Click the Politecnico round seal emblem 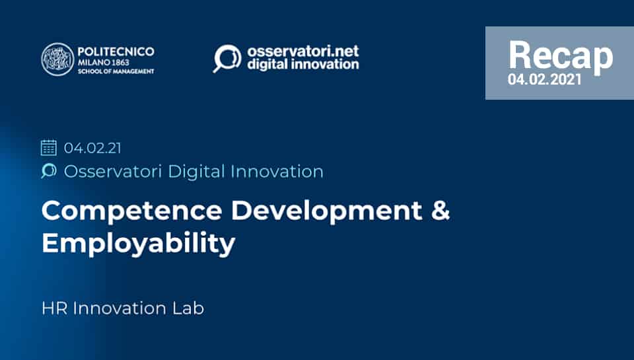58,59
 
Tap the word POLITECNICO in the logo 116,52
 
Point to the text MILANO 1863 104,62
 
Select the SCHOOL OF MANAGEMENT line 116,71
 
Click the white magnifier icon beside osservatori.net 227,58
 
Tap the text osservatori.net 303,51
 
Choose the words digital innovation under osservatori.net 303,64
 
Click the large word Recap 561,55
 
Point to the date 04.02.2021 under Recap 545,79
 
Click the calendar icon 49,147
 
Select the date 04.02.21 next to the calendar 92,148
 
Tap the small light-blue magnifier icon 48,170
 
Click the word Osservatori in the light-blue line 113,172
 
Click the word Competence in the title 132,211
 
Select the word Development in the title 327,211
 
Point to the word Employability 138,243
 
